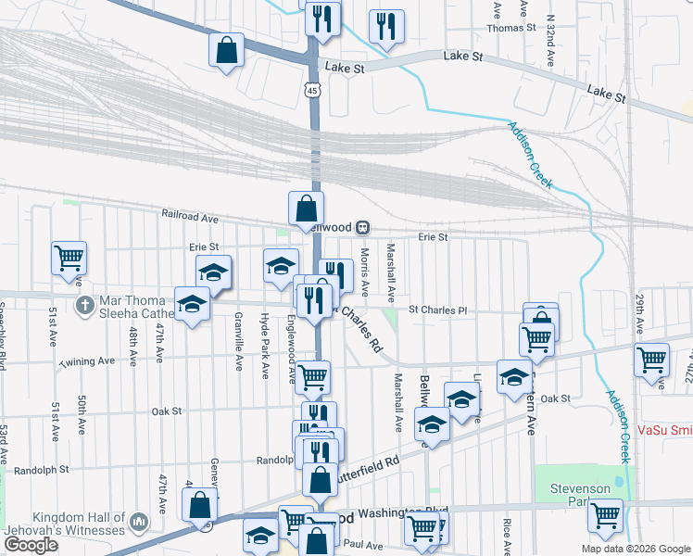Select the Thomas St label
click(511, 28)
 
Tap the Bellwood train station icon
click(364, 227)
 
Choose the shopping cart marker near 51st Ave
click(69, 259)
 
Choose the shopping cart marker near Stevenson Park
click(606, 514)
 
